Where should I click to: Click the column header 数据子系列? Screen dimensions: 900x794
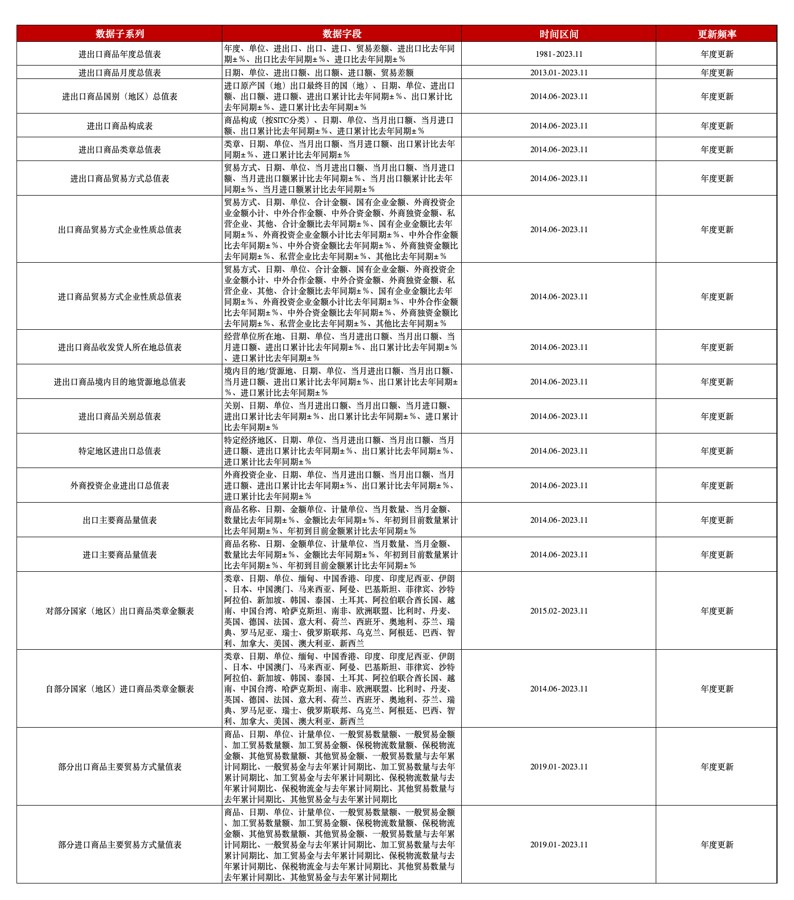tap(120, 34)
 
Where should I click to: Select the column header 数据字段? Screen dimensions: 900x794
tap(342, 34)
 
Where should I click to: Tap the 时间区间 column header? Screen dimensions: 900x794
tap(559, 34)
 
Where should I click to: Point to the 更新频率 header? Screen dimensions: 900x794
tap(717, 34)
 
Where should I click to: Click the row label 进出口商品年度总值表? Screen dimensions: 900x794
tap(120, 54)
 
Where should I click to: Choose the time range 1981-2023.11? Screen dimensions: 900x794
tap(559, 54)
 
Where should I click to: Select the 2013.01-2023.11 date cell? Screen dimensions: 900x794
tap(559, 73)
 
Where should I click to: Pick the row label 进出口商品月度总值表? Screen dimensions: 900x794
tap(120, 73)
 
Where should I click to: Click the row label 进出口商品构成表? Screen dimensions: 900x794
tap(120, 126)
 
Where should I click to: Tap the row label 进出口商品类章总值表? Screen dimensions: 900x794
tap(120, 150)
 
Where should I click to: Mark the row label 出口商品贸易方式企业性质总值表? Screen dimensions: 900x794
tap(120, 230)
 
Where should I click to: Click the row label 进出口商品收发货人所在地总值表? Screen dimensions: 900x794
tap(120, 347)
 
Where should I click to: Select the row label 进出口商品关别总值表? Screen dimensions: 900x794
tap(120, 416)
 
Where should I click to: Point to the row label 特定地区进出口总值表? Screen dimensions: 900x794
tap(120, 451)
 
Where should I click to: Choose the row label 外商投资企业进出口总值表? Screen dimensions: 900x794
tap(120, 486)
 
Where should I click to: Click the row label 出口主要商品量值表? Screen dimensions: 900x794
tap(120, 520)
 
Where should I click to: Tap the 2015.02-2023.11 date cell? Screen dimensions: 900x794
tap(559, 611)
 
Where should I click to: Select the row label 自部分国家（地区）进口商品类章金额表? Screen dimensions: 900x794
tap(120, 689)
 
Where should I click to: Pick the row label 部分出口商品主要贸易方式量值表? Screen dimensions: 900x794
tap(120, 767)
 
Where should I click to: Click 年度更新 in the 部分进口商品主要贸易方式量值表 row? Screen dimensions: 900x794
tap(717, 845)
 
